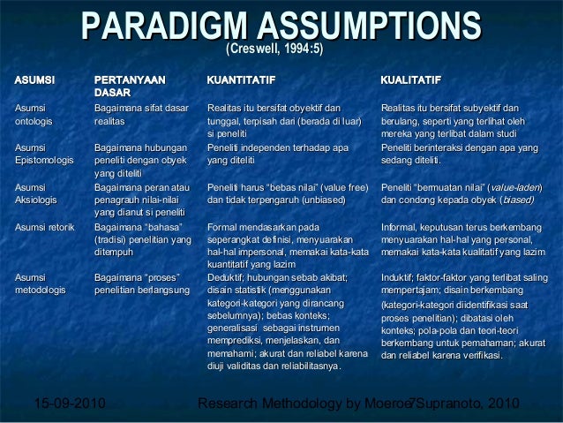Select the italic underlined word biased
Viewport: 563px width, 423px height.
point(520,200)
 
